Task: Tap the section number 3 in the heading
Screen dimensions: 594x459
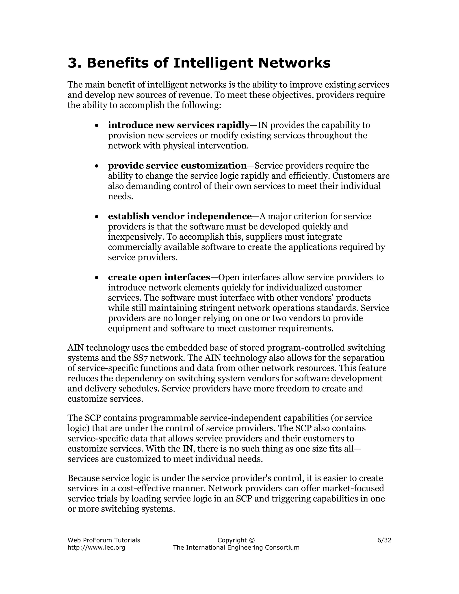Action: pos(72,63)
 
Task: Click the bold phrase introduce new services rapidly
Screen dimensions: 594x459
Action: pos(179,125)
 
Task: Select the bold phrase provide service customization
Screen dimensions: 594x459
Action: pos(177,166)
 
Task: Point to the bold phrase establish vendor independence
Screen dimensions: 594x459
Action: pos(180,216)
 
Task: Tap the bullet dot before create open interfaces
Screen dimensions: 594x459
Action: pos(97,278)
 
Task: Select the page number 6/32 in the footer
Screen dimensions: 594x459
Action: pos(384,540)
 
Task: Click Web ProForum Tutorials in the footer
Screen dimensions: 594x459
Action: pos(104,540)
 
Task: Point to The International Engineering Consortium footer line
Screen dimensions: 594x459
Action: pos(236,548)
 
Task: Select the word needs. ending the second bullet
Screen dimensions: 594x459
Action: pos(120,196)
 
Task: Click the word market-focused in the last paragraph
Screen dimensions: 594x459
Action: pos(353,488)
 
